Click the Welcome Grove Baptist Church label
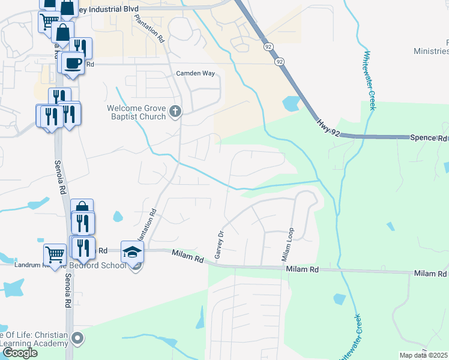(136, 112)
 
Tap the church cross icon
(175, 111)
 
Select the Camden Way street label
(195, 73)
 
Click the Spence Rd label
(429, 137)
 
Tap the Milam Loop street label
(286, 245)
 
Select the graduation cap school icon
(132, 251)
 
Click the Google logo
(19, 353)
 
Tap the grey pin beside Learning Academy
(77, 339)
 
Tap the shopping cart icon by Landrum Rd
(55, 254)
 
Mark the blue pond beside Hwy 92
(290, 104)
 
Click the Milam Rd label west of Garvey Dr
(188, 256)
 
